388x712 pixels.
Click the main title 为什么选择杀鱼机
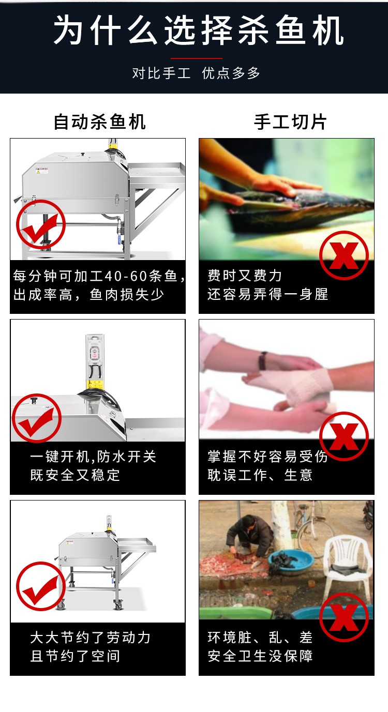tap(199, 31)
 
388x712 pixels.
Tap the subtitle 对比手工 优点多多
tap(196, 73)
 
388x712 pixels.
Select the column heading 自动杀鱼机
tap(100, 122)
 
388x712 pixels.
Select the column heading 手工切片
tap(290, 122)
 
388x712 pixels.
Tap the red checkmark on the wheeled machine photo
tap(40, 586)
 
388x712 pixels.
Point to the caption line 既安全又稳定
tap(75, 475)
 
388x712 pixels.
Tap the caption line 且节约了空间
tap(75, 656)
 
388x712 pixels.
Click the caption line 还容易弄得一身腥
tap(267, 294)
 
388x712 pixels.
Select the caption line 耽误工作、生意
tap(260, 475)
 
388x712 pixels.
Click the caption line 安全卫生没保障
tap(260, 656)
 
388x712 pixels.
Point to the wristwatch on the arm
tap(264, 360)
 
